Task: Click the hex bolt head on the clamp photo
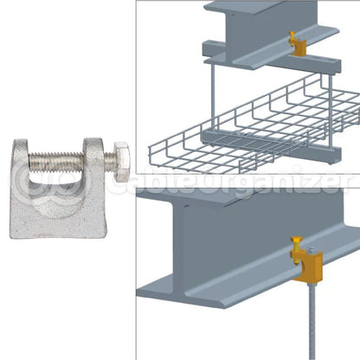click(x=121, y=162)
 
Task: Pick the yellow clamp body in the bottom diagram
click(x=310, y=267)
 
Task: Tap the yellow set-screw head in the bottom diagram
click(x=296, y=240)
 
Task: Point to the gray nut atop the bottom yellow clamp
click(x=311, y=250)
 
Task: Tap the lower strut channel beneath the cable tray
click(x=271, y=145)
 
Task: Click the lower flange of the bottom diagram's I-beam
click(x=248, y=277)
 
